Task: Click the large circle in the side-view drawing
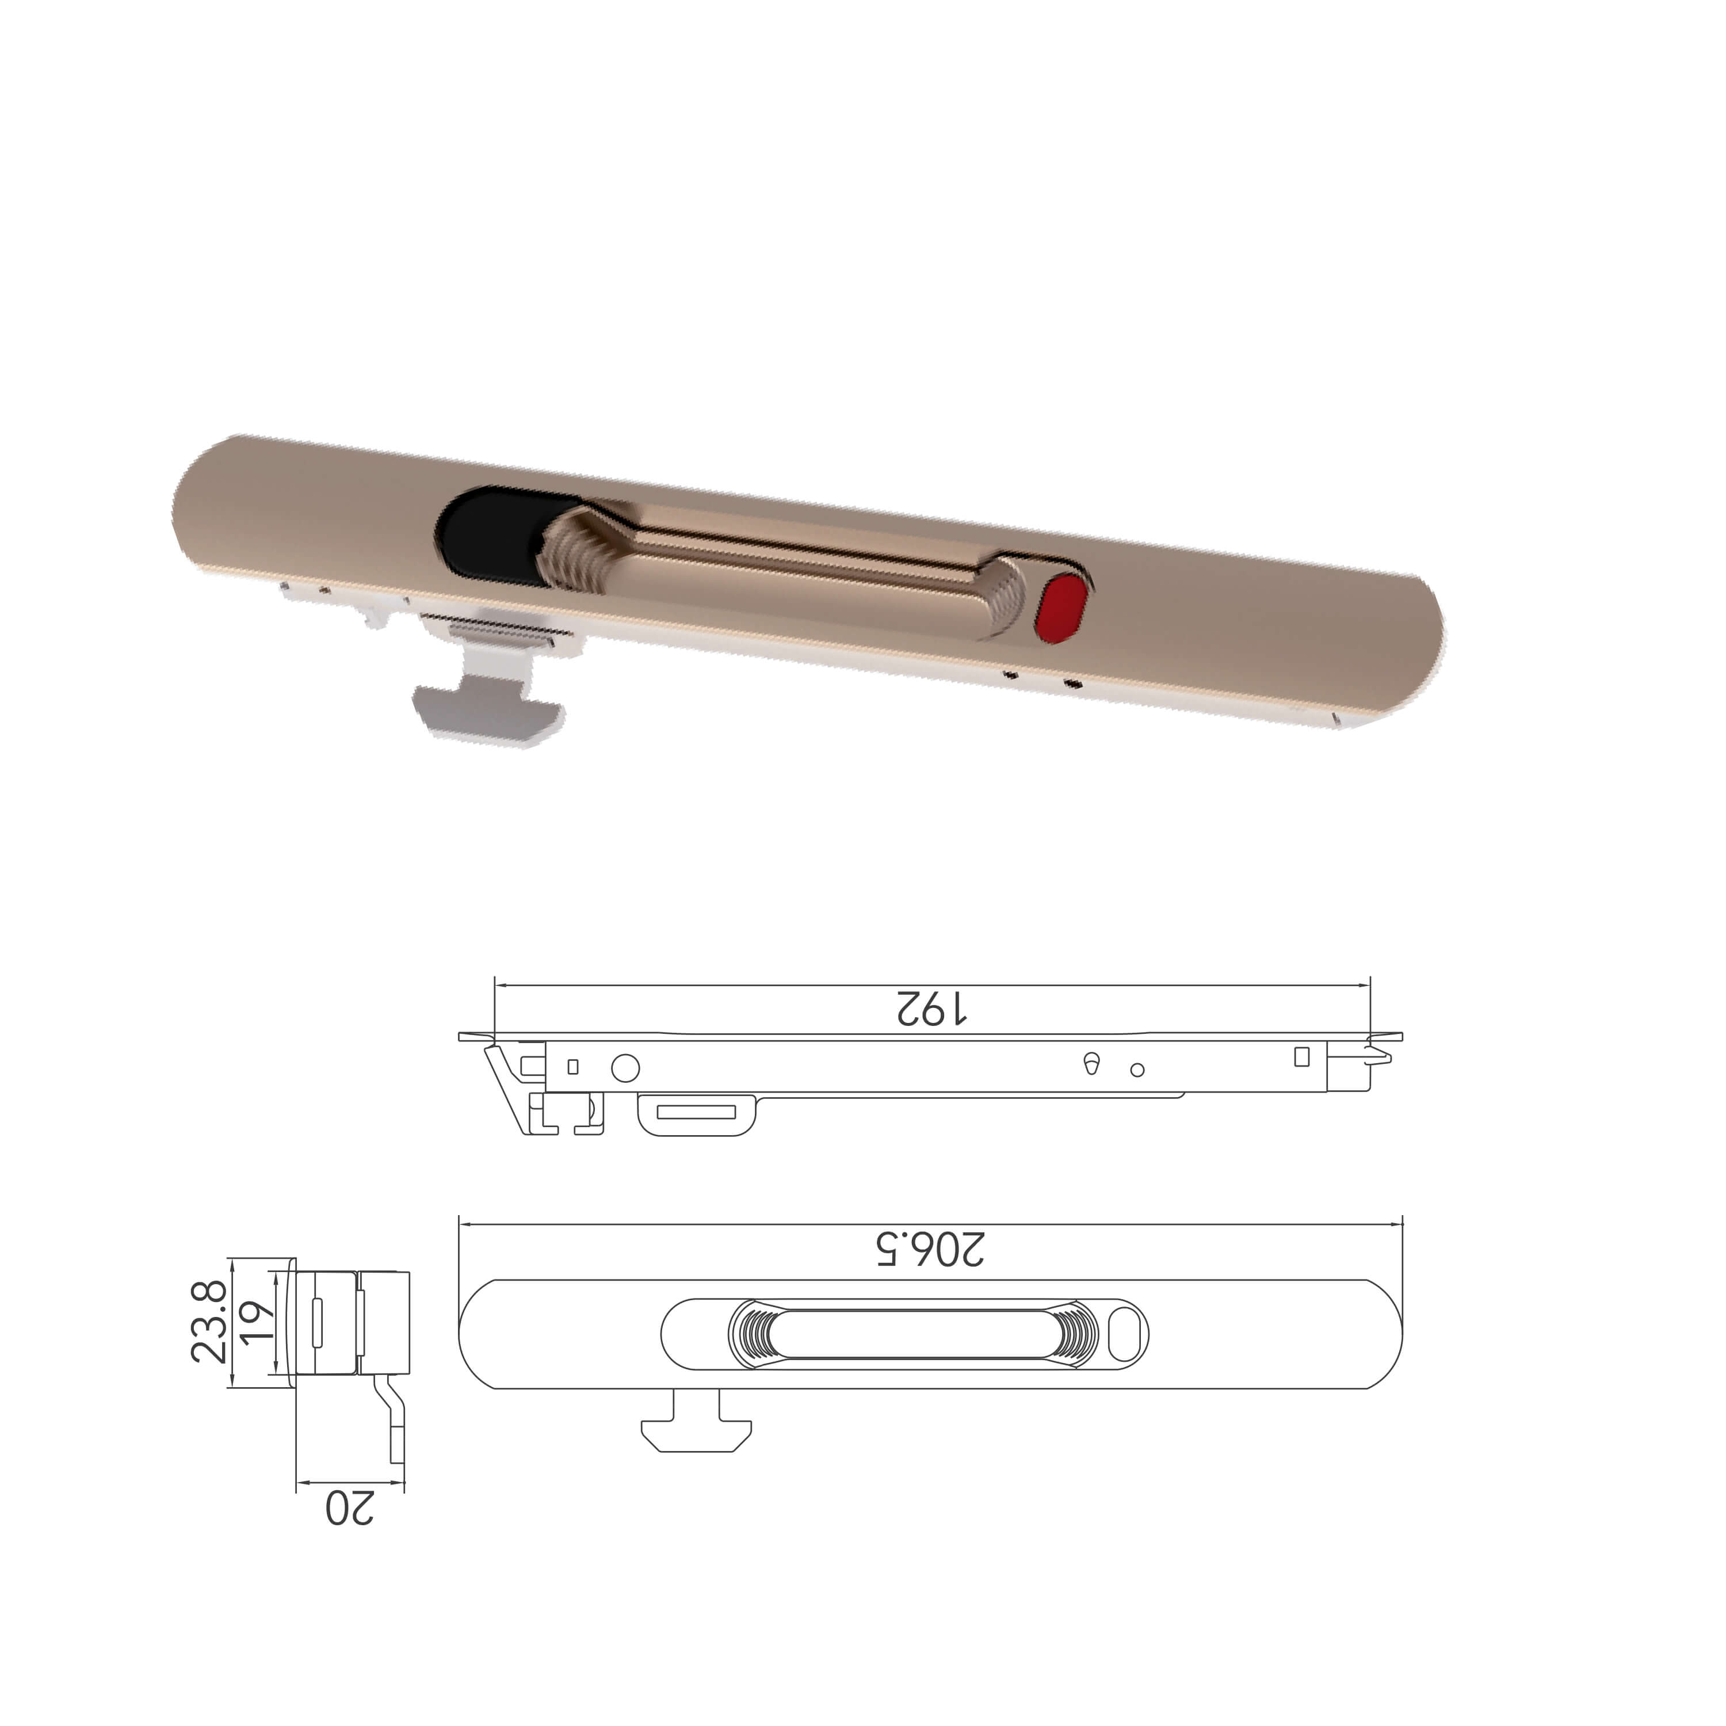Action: [625, 1068]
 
